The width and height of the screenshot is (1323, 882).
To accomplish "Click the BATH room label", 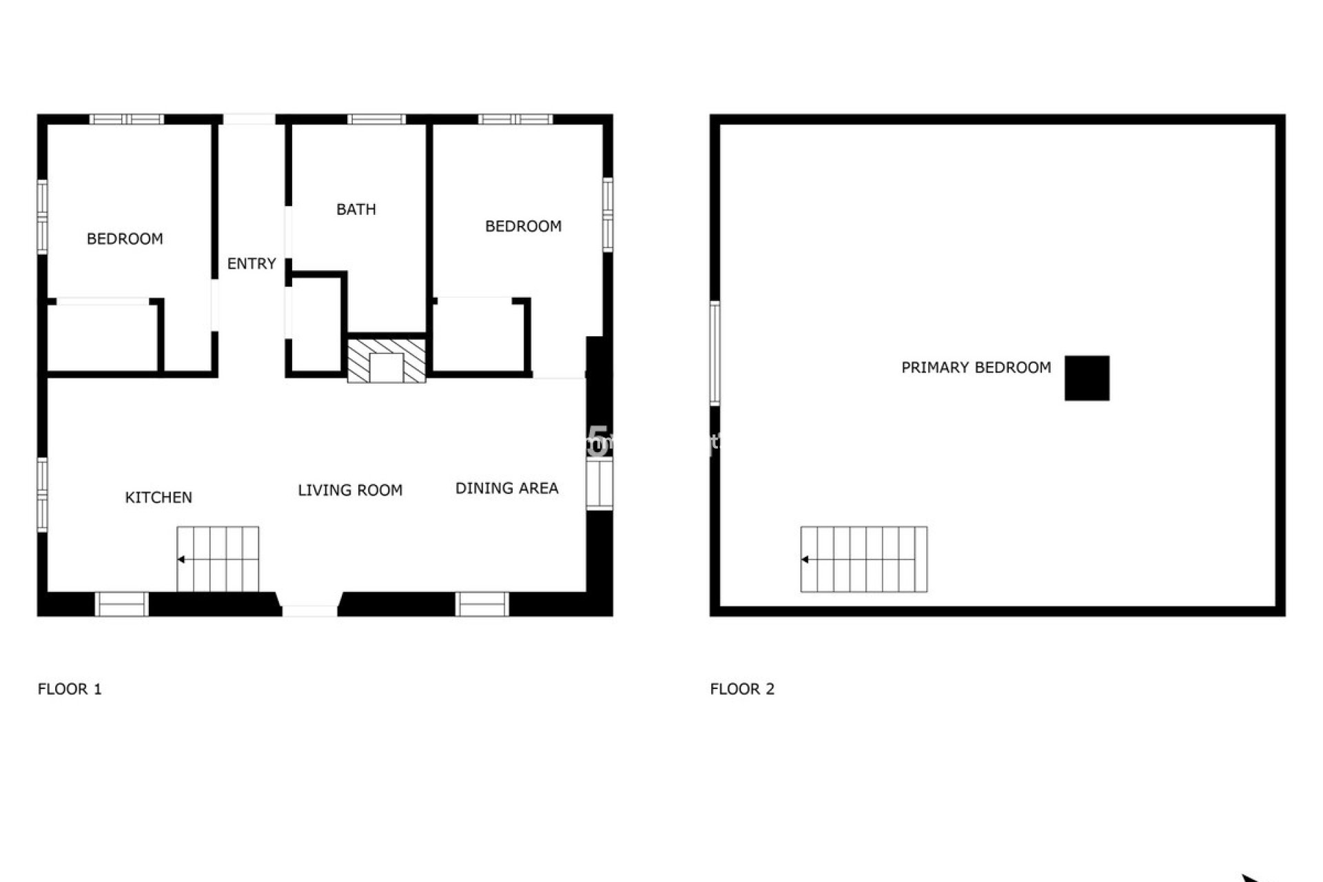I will [x=356, y=209].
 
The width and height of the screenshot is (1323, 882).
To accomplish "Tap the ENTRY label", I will [x=252, y=264].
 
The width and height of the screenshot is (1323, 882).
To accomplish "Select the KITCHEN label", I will [x=158, y=498].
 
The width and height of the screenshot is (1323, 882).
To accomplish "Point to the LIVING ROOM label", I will [x=350, y=491].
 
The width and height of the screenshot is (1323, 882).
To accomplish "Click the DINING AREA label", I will [x=506, y=489].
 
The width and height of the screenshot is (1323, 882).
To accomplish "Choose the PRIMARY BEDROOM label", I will [x=976, y=368].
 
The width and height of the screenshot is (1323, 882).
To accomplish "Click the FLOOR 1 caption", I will [x=70, y=689].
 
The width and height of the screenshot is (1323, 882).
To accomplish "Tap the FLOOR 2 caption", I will [x=742, y=689].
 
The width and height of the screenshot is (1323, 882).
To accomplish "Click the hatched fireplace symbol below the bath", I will [x=386, y=360].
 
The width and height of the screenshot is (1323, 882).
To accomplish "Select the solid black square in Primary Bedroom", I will [x=1087, y=378].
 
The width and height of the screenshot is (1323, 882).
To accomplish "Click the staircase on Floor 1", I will [x=218, y=559].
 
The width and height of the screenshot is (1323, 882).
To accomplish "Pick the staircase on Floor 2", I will [x=863, y=559].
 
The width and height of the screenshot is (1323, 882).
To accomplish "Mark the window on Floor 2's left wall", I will [x=715, y=353].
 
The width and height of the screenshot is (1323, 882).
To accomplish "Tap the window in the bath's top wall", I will [x=376, y=119].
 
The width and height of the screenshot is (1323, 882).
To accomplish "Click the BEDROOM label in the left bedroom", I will [x=125, y=239].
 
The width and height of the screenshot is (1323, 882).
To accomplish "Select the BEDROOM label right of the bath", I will [x=523, y=227].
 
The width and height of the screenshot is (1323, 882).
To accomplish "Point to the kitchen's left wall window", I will [x=42, y=494].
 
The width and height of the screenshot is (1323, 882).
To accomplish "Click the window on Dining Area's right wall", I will [x=599, y=484].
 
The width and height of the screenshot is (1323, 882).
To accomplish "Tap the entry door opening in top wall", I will [x=249, y=119].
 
